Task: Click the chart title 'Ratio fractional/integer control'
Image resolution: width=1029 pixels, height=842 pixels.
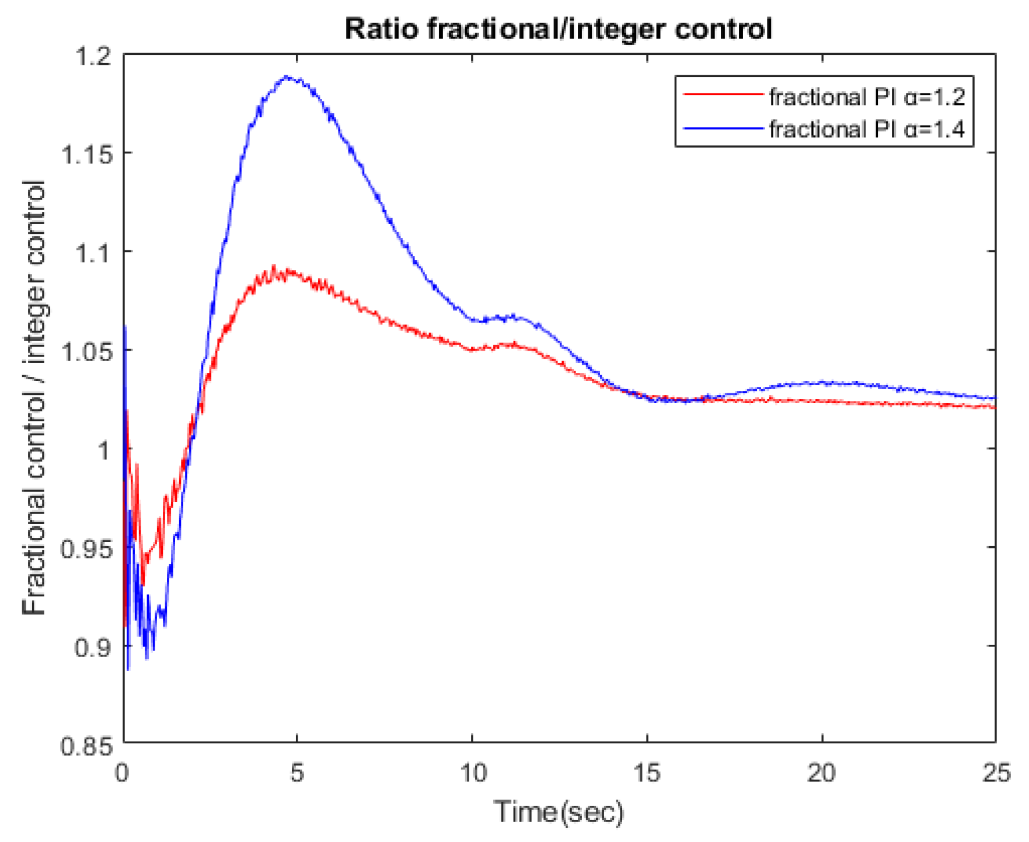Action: point(558,29)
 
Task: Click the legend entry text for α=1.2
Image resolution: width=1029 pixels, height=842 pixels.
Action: point(867,97)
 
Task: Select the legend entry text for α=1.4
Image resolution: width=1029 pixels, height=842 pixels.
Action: point(867,129)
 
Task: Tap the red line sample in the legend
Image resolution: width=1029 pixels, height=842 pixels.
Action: point(723,95)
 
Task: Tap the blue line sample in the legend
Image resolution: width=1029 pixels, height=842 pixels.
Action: point(723,128)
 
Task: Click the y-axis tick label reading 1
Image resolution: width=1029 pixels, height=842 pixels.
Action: point(104,451)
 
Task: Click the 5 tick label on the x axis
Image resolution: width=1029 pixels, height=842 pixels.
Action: point(297,773)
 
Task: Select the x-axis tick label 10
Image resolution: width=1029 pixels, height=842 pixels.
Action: point(472,773)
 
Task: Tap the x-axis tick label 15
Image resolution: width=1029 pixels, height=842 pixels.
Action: point(647,773)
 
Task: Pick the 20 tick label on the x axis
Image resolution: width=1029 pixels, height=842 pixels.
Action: point(821,773)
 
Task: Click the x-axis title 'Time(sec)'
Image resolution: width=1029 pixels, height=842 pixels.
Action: point(559,812)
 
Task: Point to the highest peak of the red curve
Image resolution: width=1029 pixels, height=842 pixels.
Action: point(273,266)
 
